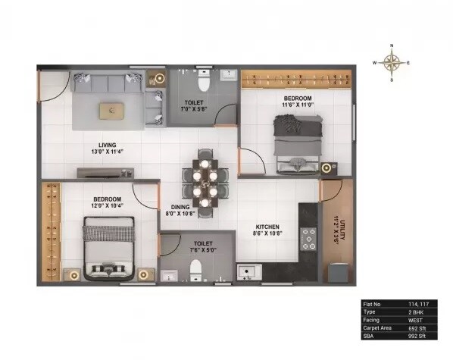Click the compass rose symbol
point(392,63)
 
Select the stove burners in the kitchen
point(308,239)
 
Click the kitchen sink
point(247,271)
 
